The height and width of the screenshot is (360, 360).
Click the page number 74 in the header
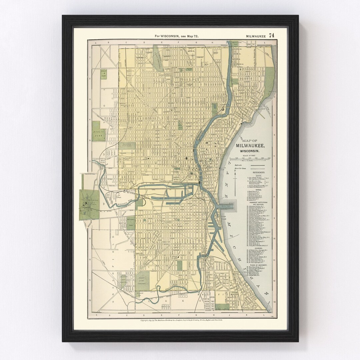pyautogui.click(x=272, y=35)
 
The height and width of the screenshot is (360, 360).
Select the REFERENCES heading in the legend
pyautogui.click(x=259, y=172)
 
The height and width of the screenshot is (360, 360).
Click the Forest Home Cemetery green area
pyautogui.click(x=143, y=281)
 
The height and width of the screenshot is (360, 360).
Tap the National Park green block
pyautogui.click(x=131, y=222)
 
